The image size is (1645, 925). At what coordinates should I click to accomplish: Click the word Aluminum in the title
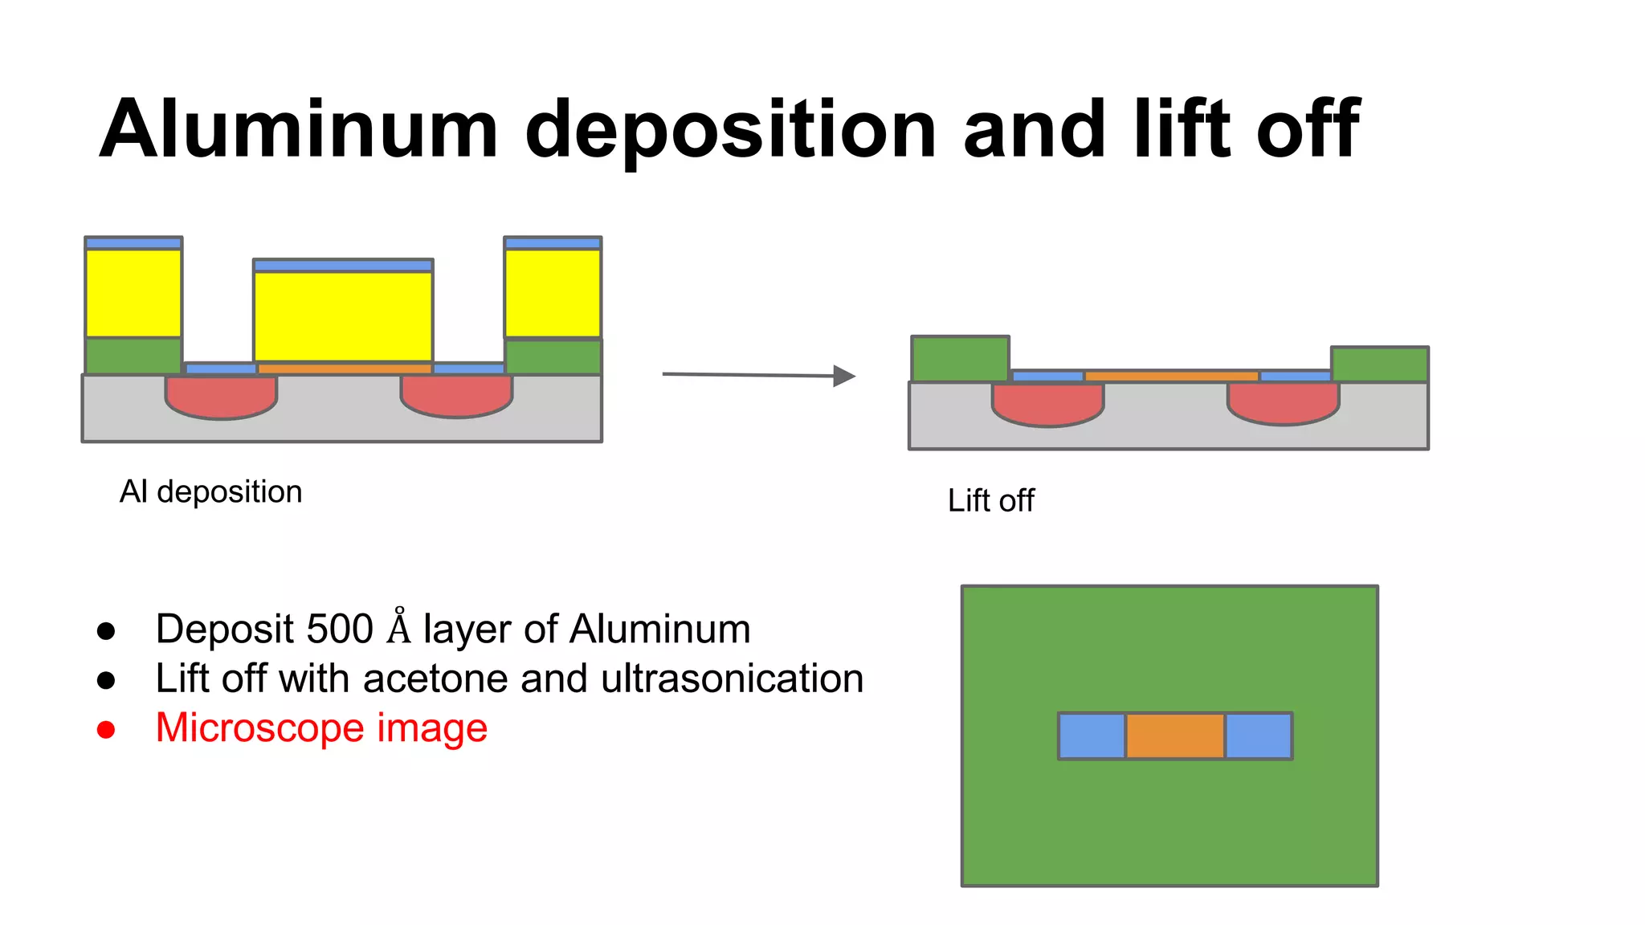point(299,130)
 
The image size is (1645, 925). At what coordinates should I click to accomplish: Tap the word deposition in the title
point(730,130)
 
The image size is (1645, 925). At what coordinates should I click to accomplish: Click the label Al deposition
point(210,491)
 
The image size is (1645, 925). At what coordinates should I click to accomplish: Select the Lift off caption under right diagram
point(990,500)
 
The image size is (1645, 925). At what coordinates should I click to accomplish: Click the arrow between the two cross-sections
point(758,375)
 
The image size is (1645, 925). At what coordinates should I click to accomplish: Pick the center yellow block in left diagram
point(343,316)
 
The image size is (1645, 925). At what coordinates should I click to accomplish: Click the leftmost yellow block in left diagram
point(133,293)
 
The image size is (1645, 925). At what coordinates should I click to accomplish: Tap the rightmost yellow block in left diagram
point(553,293)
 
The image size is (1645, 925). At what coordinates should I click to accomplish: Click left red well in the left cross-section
point(221,397)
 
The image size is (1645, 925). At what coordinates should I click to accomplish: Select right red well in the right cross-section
point(1283,402)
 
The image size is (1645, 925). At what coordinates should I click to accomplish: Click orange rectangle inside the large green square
point(1174,736)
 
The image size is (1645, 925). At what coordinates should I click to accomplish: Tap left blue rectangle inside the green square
point(1092,736)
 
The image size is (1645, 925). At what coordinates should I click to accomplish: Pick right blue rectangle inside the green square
point(1258,736)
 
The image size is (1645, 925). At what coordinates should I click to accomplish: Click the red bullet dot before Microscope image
point(106,730)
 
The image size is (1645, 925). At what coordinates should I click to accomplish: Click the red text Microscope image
point(321,727)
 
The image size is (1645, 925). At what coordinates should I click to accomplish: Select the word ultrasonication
point(732,678)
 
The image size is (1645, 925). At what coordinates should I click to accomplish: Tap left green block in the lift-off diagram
point(960,358)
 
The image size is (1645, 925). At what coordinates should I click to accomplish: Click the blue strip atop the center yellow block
point(343,265)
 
